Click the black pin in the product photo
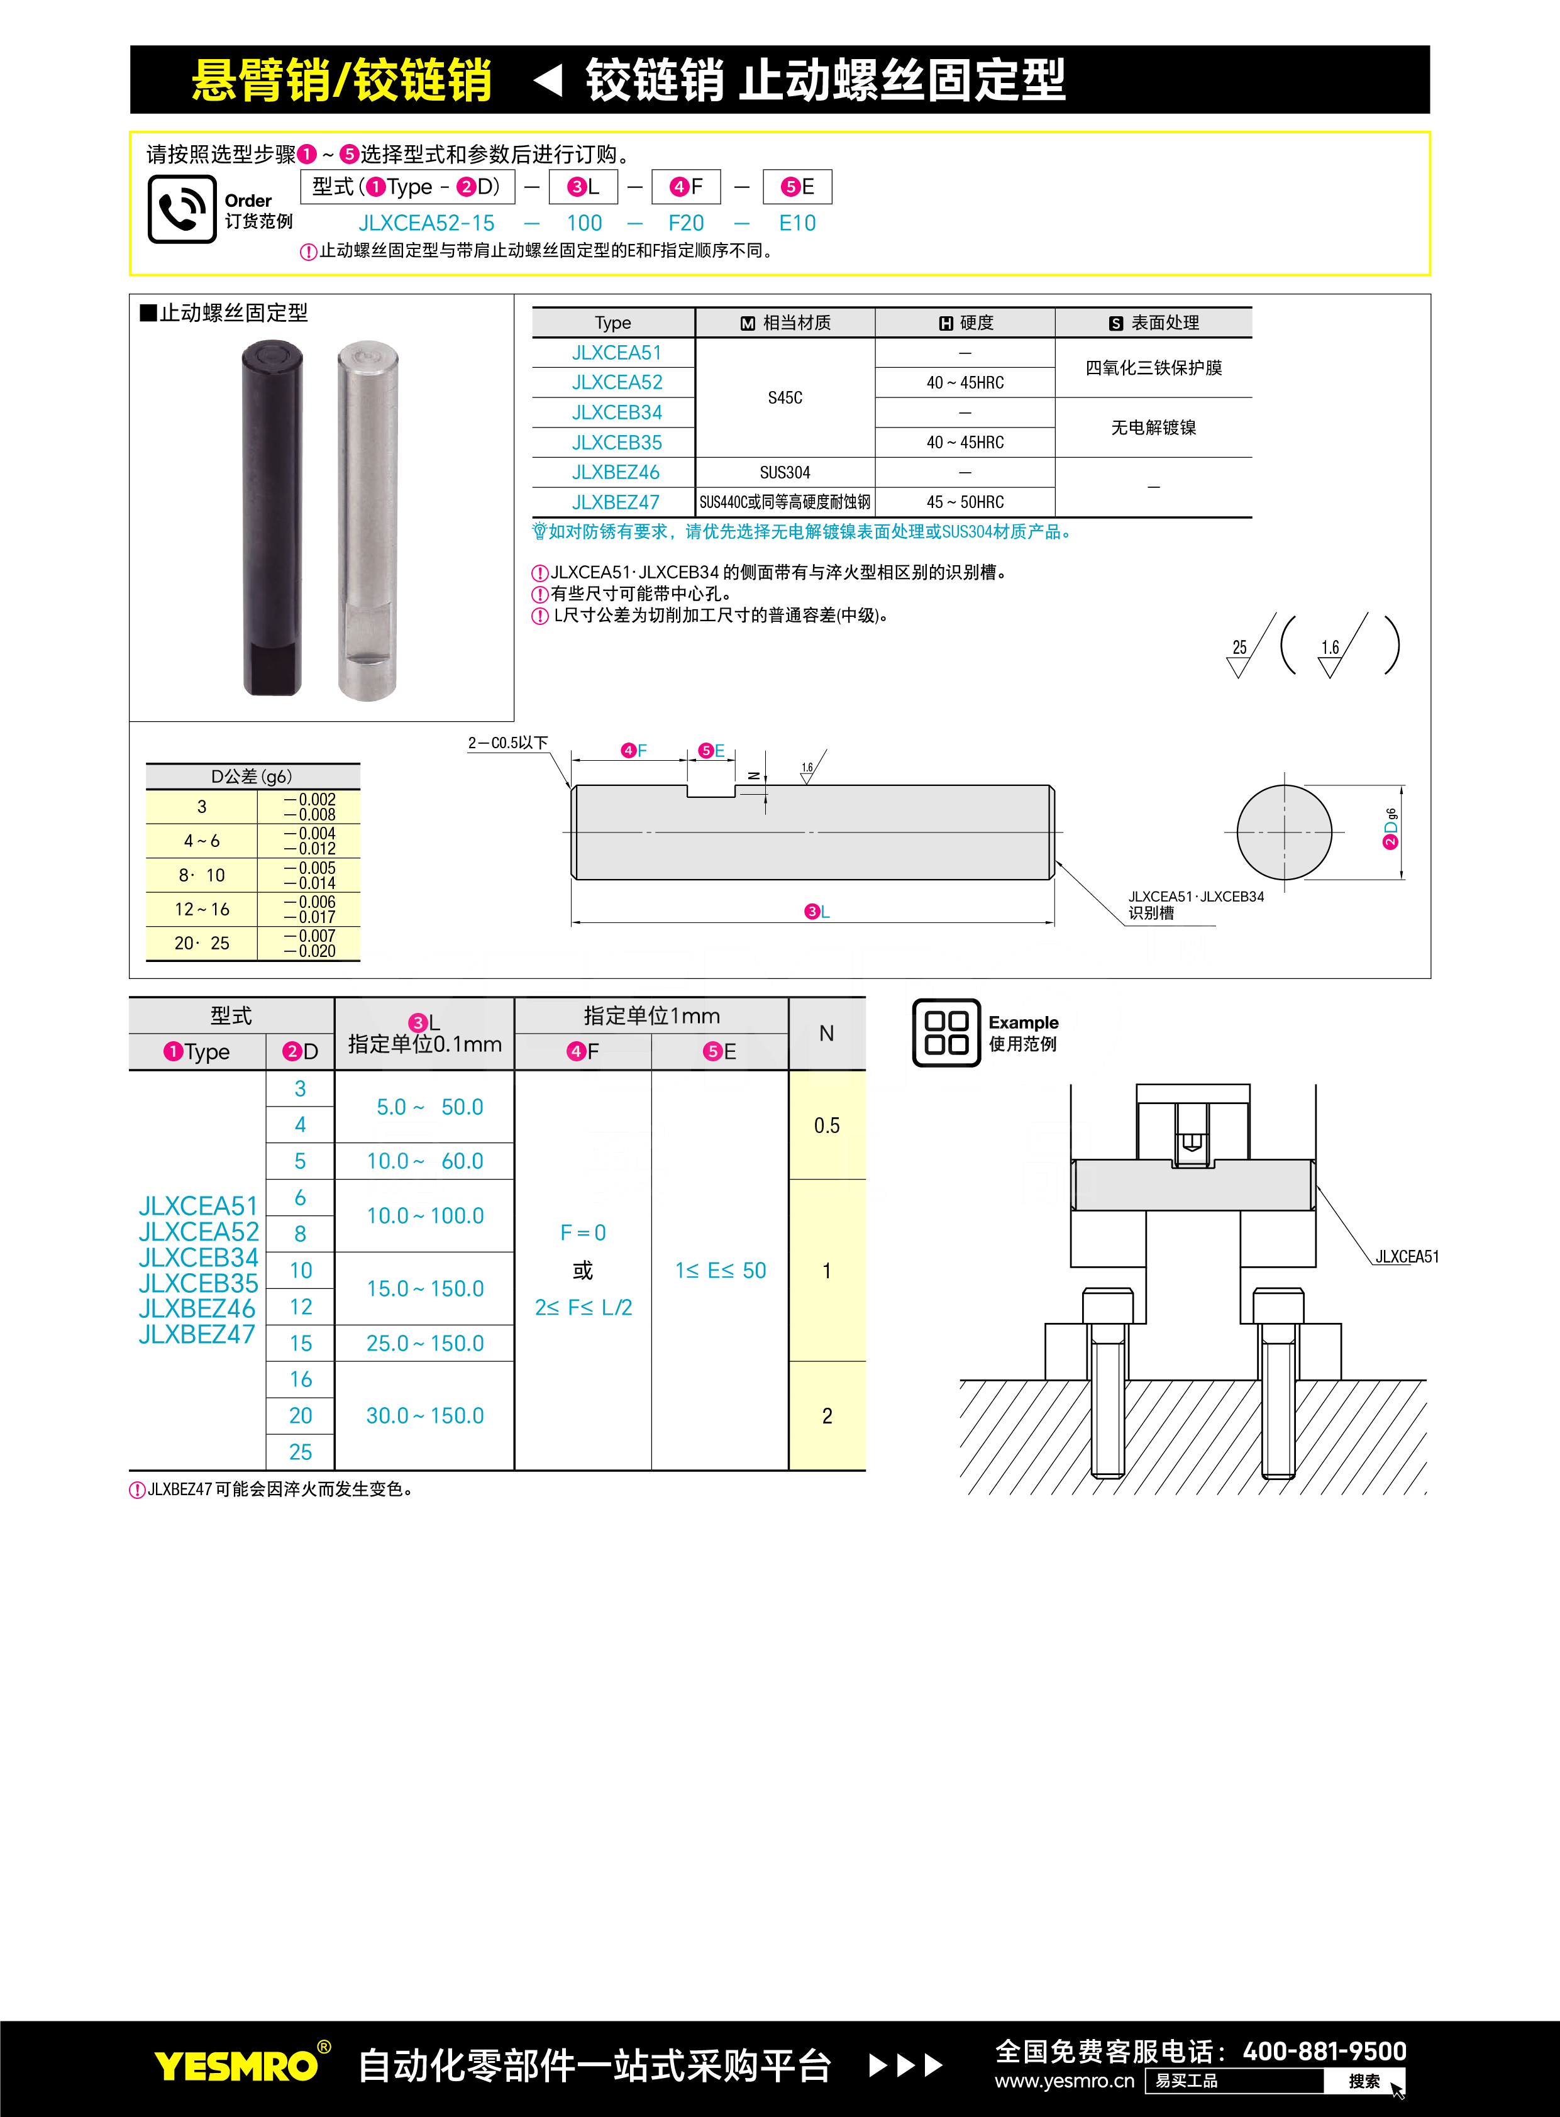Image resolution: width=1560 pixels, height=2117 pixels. (x=272, y=519)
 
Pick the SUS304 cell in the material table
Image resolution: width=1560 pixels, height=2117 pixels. (x=785, y=473)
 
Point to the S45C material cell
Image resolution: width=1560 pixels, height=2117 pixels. (x=785, y=397)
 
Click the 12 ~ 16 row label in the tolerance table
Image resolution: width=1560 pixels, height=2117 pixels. (x=201, y=909)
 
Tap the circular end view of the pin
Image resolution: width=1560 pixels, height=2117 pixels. (x=1283, y=832)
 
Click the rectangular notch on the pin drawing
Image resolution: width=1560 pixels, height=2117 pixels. (x=710, y=790)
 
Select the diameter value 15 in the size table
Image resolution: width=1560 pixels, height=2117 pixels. (x=301, y=1343)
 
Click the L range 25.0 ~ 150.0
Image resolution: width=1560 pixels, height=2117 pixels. (x=425, y=1343)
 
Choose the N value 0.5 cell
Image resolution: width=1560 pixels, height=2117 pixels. (x=826, y=1125)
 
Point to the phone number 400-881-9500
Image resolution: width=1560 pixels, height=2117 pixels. (x=1324, y=2051)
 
